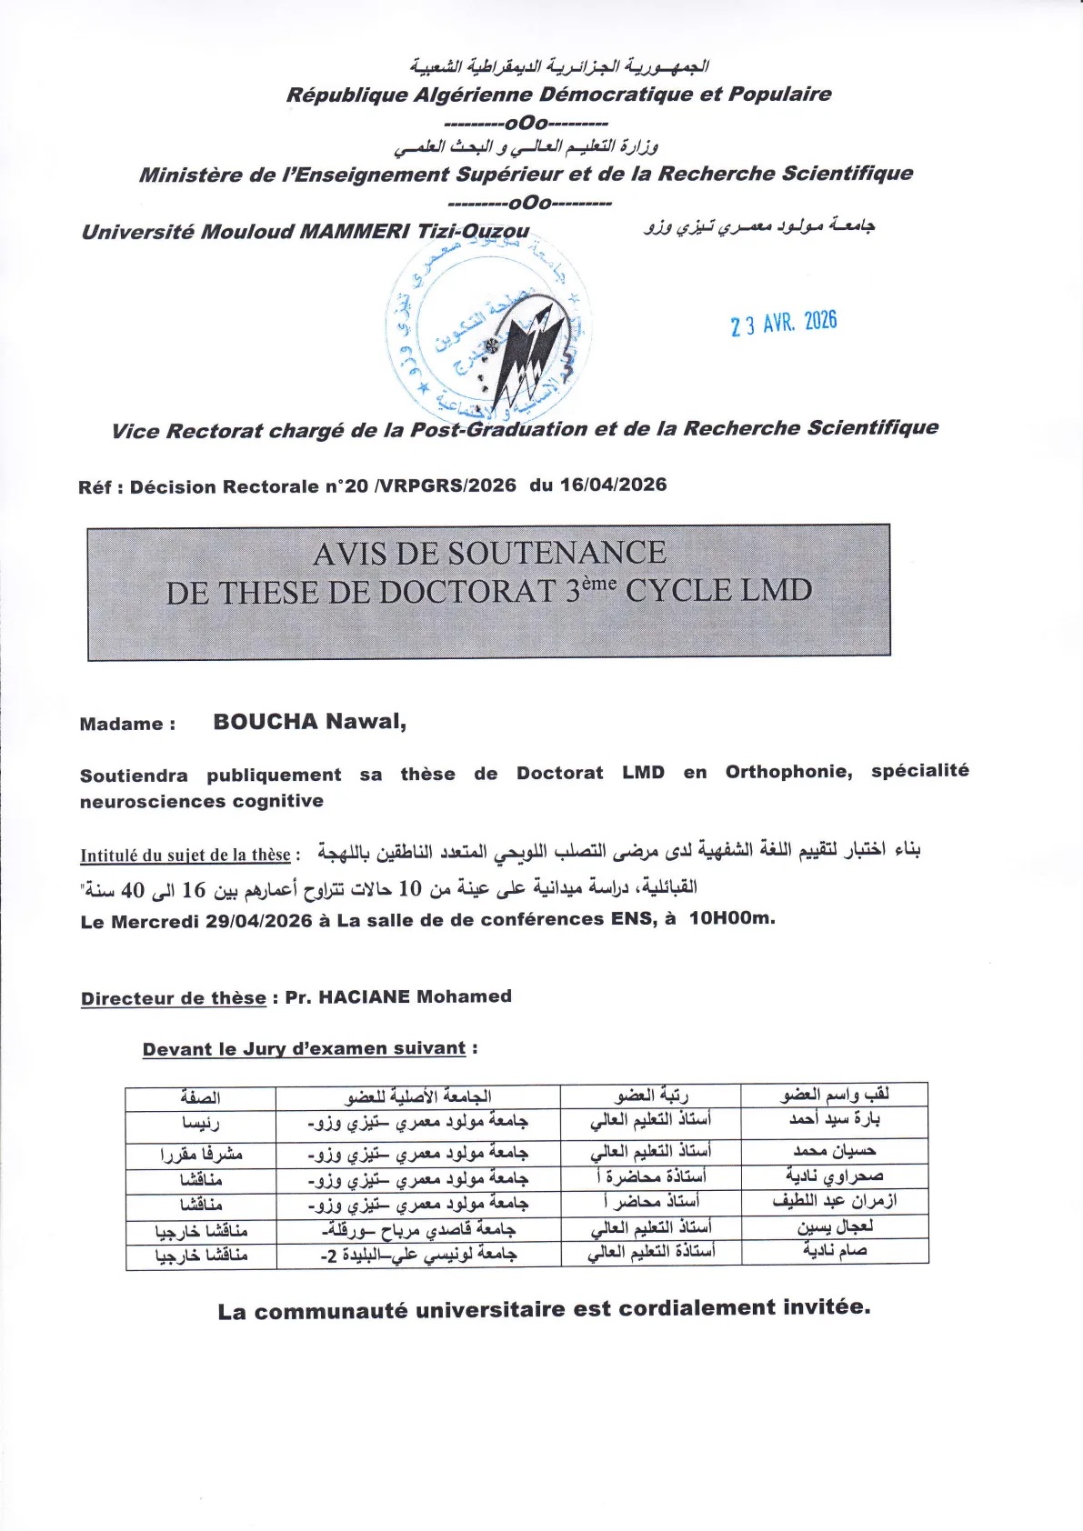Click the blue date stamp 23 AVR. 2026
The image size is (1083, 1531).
click(783, 323)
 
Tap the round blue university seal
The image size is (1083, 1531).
click(487, 332)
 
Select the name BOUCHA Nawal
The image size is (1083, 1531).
click(309, 722)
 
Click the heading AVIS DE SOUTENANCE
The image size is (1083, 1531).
click(489, 553)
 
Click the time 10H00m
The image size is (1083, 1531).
click(731, 918)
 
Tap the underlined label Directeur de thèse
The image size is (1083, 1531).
click(174, 998)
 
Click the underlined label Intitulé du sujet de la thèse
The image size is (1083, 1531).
click(186, 855)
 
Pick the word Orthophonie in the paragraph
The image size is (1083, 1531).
click(787, 772)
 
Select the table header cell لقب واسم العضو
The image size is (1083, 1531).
click(835, 1095)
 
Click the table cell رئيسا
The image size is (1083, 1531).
click(200, 1124)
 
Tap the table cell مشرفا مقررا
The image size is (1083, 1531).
click(200, 1154)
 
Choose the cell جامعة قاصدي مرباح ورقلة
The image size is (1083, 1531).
click(418, 1230)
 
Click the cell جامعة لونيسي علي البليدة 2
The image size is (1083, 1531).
click(418, 1255)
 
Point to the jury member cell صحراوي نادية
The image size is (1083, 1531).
click(835, 1176)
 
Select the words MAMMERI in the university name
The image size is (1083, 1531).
click(355, 232)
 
